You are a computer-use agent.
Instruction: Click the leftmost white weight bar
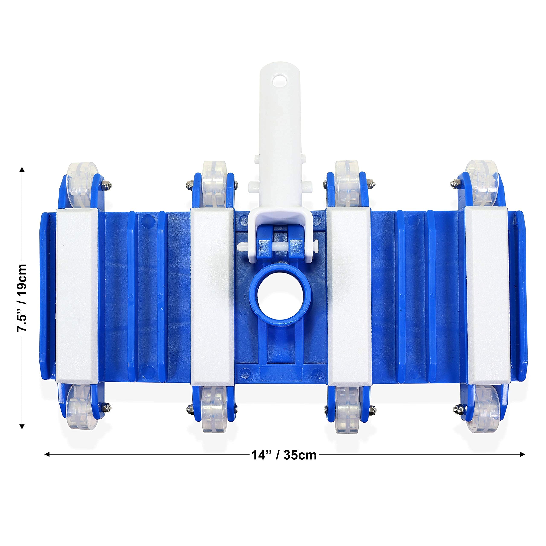[77, 296]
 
